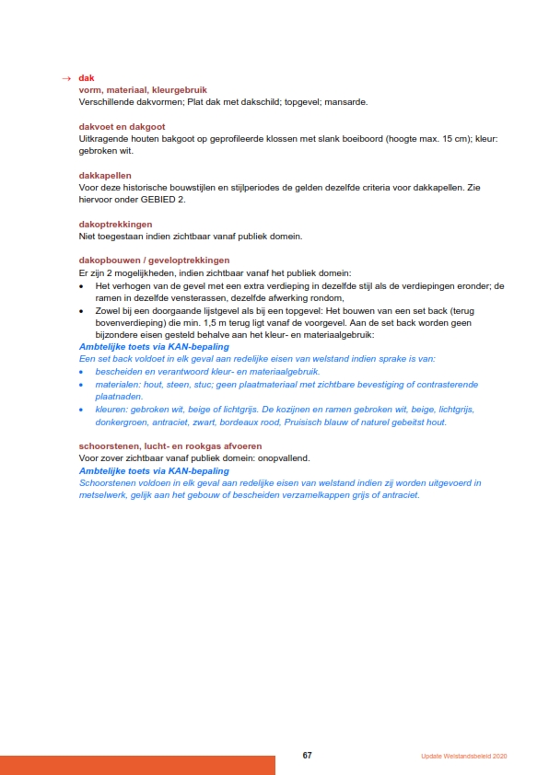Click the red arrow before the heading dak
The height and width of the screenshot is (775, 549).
(64, 78)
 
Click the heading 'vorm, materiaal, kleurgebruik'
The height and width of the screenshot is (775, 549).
(130, 89)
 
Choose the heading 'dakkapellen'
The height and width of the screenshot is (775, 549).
(105, 175)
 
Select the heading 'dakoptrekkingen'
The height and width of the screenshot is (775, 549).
(115, 224)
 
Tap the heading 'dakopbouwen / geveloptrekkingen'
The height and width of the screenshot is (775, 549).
(154, 260)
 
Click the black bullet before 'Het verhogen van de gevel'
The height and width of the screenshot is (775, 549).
(83, 286)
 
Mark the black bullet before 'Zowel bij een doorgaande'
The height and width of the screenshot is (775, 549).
(83, 312)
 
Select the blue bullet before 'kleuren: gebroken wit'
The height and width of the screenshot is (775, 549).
(83, 410)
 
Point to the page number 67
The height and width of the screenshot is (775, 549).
(308, 755)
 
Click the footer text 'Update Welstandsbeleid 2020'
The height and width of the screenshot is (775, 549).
(463, 756)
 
